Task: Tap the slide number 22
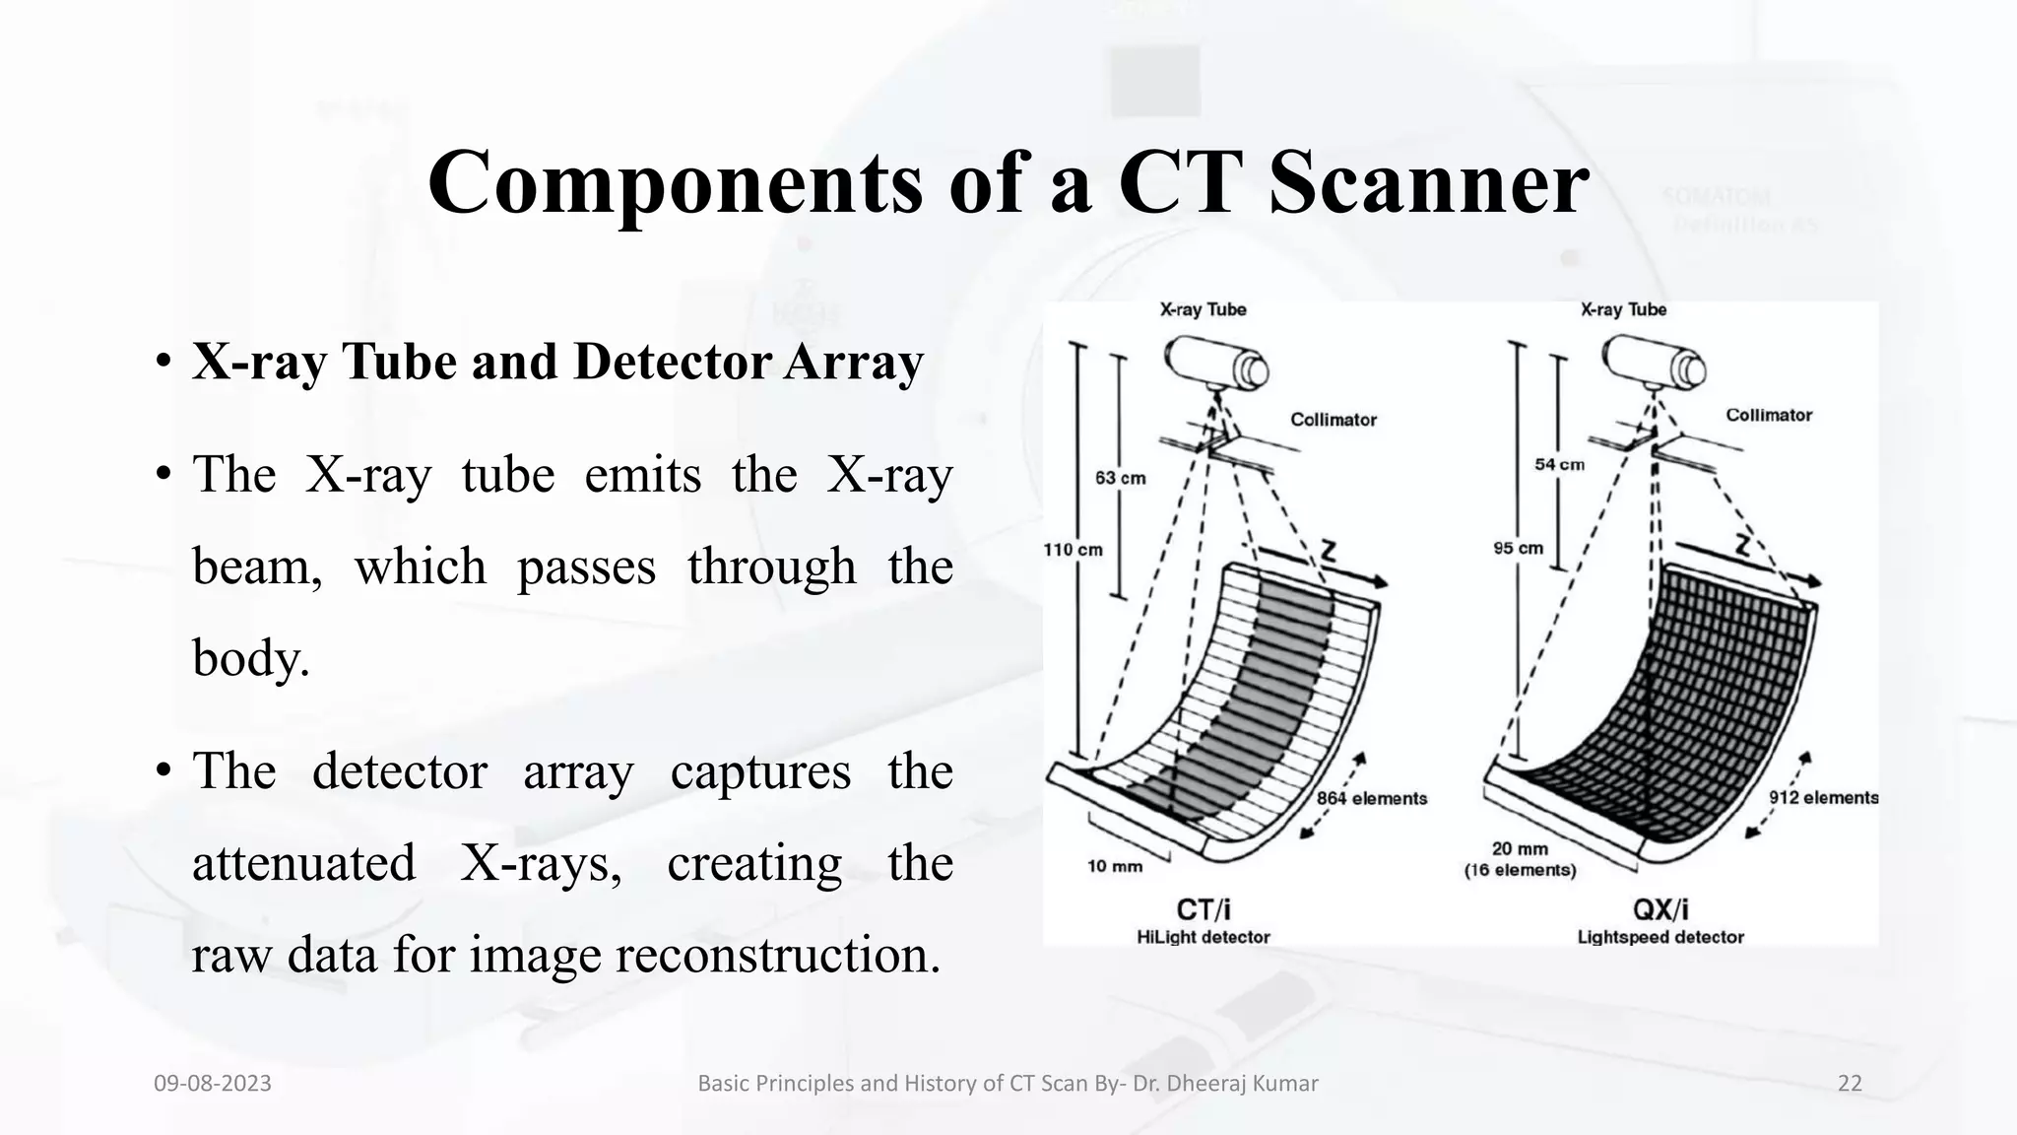point(1850,1084)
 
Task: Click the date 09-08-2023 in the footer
point(213,1084)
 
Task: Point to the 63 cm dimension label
point(1121,478)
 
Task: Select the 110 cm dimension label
point(1073,550)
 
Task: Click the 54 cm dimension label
point(1559,464)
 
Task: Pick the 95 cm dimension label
point(1518,548)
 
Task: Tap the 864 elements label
point(1372,798)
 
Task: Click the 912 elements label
point(1823,798)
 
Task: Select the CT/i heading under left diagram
point(1204,909)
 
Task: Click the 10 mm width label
point(1114,866)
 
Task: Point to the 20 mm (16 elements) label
point(1520,859)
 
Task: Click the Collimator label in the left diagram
point(1334,420)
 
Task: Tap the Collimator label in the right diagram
point(1768,415)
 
